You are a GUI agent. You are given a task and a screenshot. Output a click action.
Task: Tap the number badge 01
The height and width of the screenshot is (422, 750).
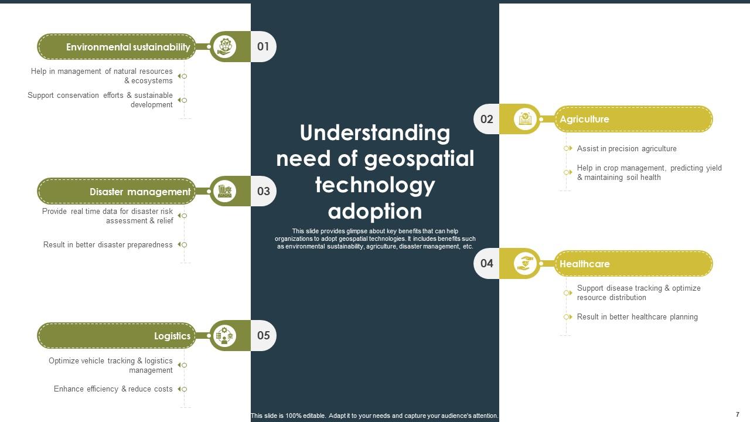(x=263, y=46)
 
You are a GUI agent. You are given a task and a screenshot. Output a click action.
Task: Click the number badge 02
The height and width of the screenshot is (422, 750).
(x=487, y=119)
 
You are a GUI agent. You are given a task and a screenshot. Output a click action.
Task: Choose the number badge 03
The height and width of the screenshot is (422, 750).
(x=263, y=191)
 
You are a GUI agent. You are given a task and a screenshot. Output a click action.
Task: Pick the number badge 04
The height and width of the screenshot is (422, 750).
(x=487, y=263)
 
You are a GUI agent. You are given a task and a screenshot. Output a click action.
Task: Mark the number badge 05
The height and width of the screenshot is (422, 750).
(x=263, y=335)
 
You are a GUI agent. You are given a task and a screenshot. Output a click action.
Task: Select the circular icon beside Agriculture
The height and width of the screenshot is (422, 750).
(x=526, y=119)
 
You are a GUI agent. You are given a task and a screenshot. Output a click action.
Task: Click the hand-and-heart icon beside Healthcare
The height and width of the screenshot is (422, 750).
(x=526, y=263)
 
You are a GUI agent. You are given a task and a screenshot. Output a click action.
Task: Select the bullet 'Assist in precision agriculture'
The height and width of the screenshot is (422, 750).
(x=626, y=149)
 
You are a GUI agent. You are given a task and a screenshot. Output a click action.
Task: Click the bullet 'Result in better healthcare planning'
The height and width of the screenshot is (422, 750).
(x=637, y=317)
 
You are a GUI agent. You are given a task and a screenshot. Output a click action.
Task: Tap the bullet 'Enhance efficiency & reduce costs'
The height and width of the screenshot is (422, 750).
(x=113, y=389)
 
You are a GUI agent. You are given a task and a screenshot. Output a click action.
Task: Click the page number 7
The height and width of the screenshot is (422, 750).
(x=737, y=414)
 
